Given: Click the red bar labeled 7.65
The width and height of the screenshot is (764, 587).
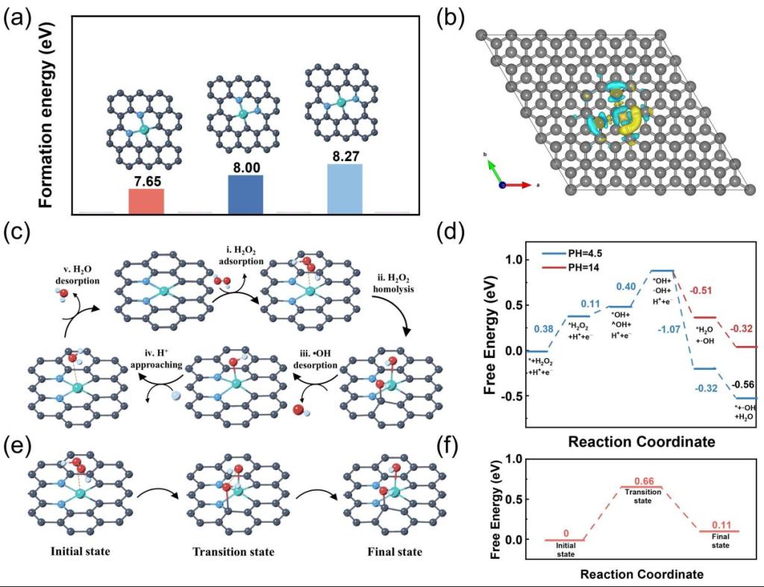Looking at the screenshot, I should point(146,201).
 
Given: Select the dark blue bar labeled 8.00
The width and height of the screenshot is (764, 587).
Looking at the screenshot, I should point(245,194).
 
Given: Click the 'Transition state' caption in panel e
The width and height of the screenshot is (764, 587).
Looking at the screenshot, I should point(234,552).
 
